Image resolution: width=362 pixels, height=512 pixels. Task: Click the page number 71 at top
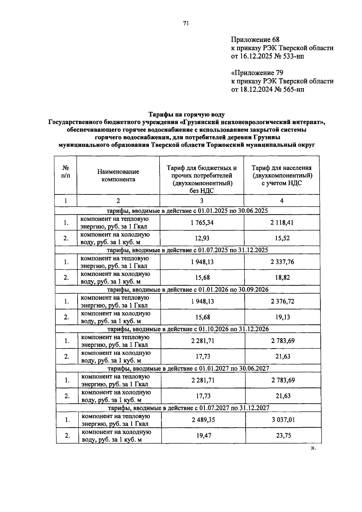(x=186, y=24)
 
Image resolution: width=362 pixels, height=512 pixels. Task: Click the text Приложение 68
(x=255, y=40)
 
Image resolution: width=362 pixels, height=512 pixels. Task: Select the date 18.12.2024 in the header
(x=256, y=89)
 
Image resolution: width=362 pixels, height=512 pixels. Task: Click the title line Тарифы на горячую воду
(x=187, y=115)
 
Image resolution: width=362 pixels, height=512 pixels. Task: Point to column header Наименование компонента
(x=118, y=175)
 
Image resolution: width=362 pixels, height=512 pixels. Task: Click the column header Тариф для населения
(x=281, y=168)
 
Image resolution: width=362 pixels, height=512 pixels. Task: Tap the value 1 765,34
(x=202, y=222)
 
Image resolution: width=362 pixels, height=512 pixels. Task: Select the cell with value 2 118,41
(x=282, y=222)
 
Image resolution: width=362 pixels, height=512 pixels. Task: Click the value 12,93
(x=202, y=238)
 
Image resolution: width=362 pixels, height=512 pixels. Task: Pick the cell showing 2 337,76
(x=282, y=262)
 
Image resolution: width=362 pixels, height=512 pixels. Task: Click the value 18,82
(x=282, y=277)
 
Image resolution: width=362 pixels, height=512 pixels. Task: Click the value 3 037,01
(x=283, y=420)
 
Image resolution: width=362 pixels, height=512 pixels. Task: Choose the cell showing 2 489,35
(x=203, y=420)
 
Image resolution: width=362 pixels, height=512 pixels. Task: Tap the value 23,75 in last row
(x=283, y=435)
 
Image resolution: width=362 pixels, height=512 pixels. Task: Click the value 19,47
(x=203, y=435)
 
